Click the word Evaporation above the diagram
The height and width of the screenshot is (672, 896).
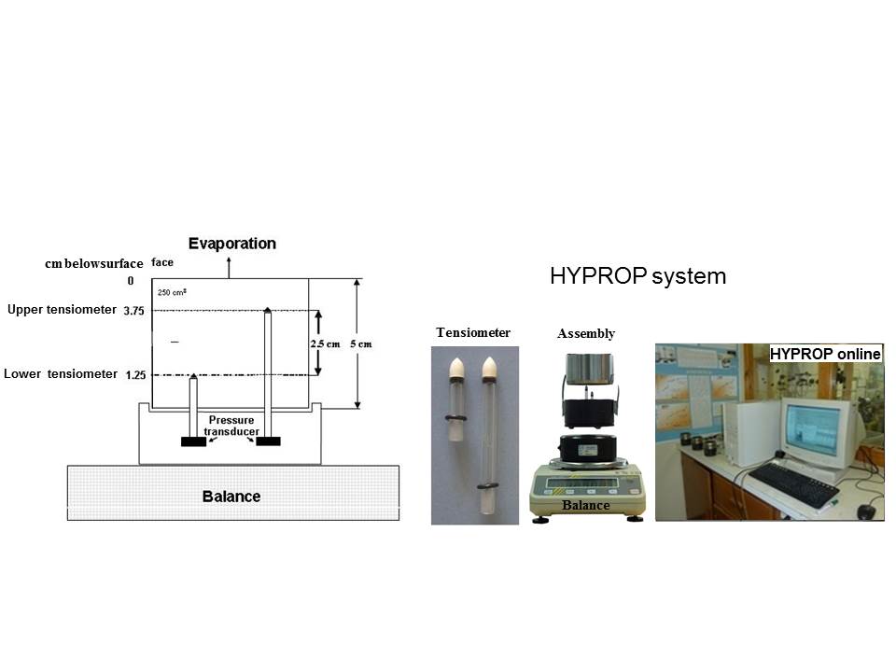pos(232,244)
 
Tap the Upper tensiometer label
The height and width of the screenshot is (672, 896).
pos(62,310)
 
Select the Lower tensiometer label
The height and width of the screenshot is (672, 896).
pos(61,373)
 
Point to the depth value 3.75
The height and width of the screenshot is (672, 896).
pos(133,311)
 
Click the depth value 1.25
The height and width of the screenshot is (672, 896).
pos(135,375)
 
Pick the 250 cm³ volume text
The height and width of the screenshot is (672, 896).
pos(172,292)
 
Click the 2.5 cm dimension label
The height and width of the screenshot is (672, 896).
pos(325,344)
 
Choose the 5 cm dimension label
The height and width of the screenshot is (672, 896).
pos(361,344)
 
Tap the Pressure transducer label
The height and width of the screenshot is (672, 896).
pos(231,426)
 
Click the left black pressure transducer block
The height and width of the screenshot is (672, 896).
pos(194,441)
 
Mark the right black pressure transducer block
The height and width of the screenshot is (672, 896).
pos(268,441)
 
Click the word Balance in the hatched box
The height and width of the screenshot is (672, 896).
pos(231,497)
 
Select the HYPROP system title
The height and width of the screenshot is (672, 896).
pos(637,276)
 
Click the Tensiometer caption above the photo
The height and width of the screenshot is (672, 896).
pos(473,332)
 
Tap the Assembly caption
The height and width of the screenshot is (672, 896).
pos(586,334)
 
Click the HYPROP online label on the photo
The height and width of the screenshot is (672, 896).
pos(825,355)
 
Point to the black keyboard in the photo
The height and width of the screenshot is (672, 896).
pos(793,484)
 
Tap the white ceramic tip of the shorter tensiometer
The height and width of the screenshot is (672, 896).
pos(456,368)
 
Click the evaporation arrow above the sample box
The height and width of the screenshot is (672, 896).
pos(230,268)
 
